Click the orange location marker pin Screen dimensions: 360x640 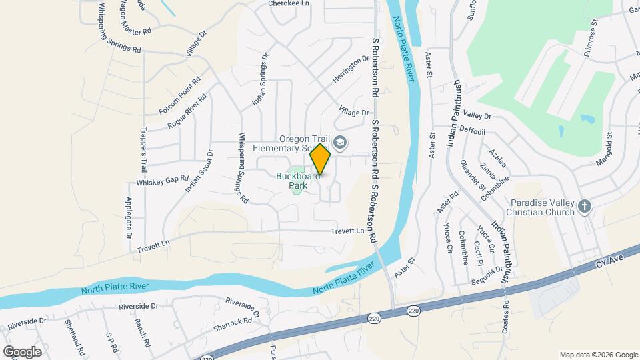tap(321, 159)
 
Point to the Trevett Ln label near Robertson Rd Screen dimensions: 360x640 tap(348, 231)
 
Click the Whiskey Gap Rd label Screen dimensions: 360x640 tap(153, 181)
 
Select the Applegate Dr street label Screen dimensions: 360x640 tap(128, 218)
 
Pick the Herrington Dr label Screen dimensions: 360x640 tap(351, 69)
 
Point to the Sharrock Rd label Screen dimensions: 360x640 tap(231, 321)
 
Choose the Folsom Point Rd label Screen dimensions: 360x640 tap(180, 99)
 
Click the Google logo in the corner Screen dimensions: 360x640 tap(22, 351)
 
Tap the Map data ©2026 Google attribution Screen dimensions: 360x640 tap(598, 355)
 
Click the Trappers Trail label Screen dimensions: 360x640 tap(143, 151)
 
